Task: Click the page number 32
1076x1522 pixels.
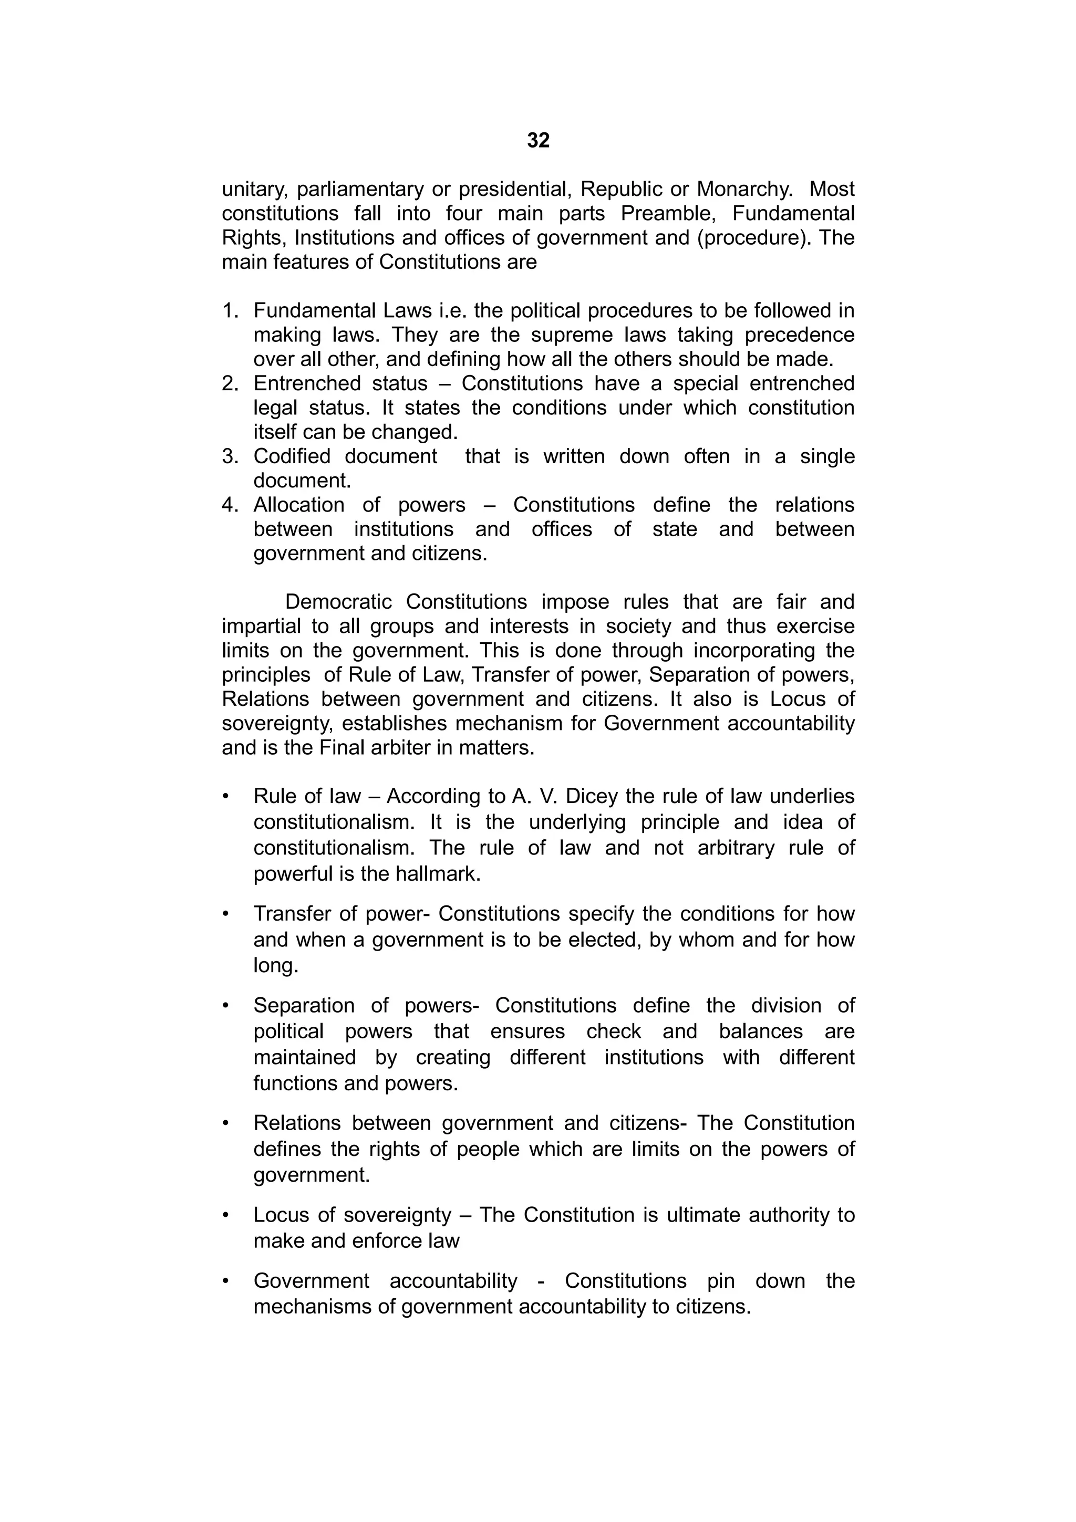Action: pyautogui.click(x=537, y=141)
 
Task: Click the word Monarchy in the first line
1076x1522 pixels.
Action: pyautogui.click(x=744, y=190)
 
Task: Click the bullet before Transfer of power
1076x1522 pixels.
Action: pyautogui.click(x=226, y=914)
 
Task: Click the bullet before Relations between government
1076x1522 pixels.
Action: pyautogui.click(x=226, y=1123)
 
